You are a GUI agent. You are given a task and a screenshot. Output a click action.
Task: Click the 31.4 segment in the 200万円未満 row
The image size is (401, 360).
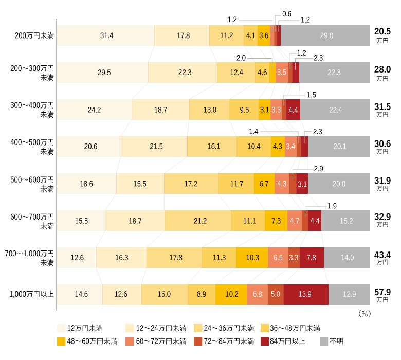pyautogui.click(x=106, y=35)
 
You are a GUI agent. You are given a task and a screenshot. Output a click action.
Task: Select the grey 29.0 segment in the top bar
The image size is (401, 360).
pyautogui.click(x=326, y=35)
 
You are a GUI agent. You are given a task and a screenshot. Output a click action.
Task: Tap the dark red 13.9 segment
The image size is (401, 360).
pyautogui.click(x=305, y=294)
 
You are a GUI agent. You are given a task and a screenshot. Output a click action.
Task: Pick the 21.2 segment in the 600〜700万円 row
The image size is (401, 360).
pyautogui.click(x=197, y=221)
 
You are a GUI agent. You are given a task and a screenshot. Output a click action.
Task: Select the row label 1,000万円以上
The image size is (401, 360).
pyautogui.click(x=32, y=295)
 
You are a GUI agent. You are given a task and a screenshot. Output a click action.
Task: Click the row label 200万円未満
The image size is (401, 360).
pyautogui.click(x=34, y=35)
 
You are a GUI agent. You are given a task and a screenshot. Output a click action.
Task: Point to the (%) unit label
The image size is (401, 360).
pyautogui.click(x=363, y=312)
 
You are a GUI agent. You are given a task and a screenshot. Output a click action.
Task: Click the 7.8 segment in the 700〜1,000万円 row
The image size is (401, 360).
pyautogui.click(x=311, y=257)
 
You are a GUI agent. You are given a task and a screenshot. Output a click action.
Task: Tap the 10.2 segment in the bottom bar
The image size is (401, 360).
pyautogui.click(x=231, y=294)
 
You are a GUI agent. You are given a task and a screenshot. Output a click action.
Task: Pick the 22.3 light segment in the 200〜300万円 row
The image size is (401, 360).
pyautogui.click(x=183, y=73)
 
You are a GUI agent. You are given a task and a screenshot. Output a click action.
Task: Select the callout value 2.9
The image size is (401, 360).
pyautogui.click(x=318, y=169)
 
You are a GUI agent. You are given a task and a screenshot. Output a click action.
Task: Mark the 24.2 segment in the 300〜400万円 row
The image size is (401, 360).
pyautogui.click(x=94, y=110)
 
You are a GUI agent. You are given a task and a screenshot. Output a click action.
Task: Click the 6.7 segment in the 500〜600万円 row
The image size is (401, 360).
pyautogui.click(x=264, y=184)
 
